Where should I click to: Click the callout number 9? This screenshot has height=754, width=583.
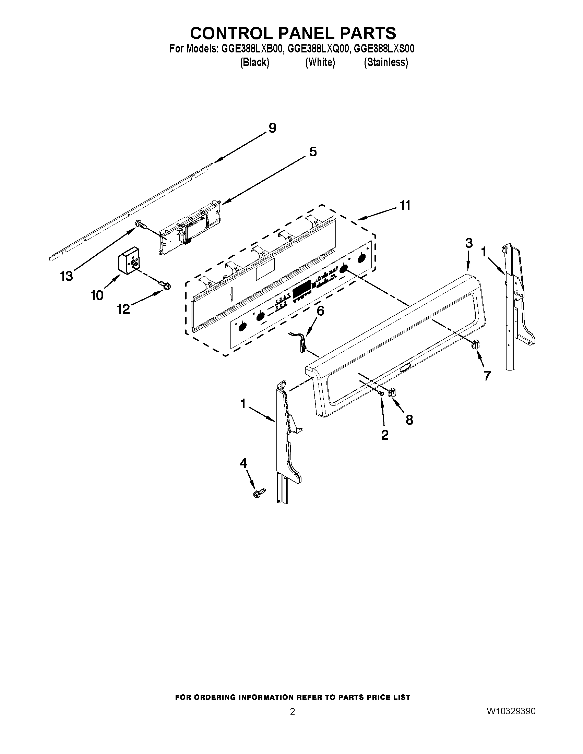pyautogui.click(x=273, y=128)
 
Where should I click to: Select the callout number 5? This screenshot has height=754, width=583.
pyautogui.click(x=312, y=151)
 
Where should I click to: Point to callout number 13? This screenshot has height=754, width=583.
pyautogui.click(x=67, y=276)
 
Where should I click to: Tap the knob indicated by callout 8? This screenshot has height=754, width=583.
pyautogui.click(x=393, y=392)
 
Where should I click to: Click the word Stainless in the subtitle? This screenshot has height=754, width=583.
pyautogui.click(x=386, y=62)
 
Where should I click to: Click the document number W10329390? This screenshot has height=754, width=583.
pyautogui.click(x=511, y=711)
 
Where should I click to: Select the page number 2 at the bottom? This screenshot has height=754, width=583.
pyautogui.click(x=292, y=712)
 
